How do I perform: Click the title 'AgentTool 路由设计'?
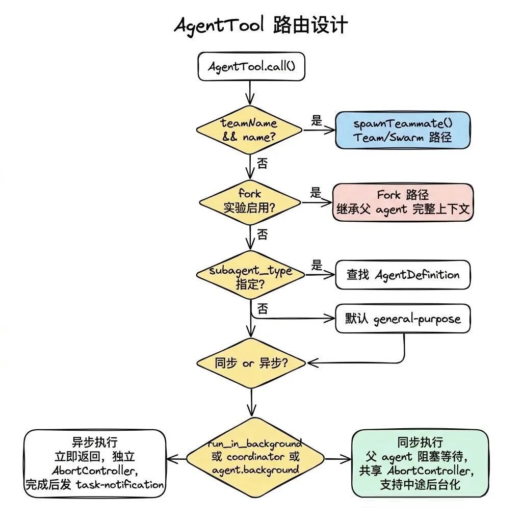(261, 25)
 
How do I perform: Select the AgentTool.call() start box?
(251, 67)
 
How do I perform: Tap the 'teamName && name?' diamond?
(249, 130)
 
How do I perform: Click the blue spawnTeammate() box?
(402, 130)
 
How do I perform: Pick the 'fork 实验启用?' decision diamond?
(249, 201)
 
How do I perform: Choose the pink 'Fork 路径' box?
(402, 202)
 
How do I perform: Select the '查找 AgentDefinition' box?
(402, 275)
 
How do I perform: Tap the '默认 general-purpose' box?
(402, 320)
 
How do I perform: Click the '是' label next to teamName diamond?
(317, 121)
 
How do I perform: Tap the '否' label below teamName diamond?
(262, 164)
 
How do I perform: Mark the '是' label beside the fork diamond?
(316, 193)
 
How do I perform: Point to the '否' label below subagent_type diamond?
(262, 309)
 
